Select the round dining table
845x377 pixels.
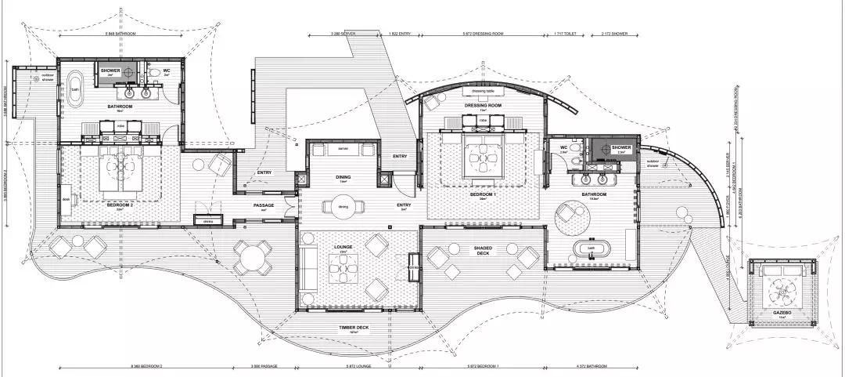tap(343, 207)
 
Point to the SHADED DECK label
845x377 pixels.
tap(482, 250)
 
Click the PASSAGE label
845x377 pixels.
tap(263, 205)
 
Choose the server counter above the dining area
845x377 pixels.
tap(343, 149)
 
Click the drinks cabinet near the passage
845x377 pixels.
tap(208, 223)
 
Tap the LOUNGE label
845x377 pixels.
tap(343, 247)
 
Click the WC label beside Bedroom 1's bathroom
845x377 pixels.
tap(563, 147)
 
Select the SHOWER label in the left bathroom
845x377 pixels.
tap(110, 70)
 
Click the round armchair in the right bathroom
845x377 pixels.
tap(570, 219)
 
